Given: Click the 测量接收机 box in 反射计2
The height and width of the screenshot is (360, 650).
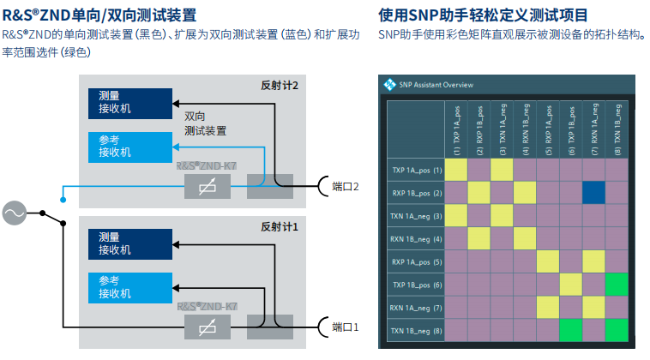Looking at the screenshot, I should [x=124, y=102].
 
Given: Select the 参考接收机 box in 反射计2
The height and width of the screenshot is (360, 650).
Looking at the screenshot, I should [x=124, y=147].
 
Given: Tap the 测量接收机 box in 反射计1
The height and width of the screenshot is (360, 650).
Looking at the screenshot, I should [x=124, y=243].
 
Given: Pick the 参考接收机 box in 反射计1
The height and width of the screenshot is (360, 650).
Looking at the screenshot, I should [x=124, y=287].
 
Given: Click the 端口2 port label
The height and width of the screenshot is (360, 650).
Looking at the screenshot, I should [x=345, y=186].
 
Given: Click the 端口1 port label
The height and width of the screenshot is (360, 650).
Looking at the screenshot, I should [x=345, y=327].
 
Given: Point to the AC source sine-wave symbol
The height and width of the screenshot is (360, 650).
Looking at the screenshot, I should [x=15, y=213].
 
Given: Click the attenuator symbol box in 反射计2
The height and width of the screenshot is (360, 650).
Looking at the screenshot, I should [x=207, y=186].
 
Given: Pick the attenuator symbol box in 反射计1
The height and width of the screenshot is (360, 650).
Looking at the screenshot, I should [x=207, y=327].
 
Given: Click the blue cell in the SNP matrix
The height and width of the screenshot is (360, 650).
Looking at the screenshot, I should [x=594, y=193].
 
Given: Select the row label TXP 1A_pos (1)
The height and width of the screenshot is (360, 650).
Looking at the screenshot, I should [x=417, y=170].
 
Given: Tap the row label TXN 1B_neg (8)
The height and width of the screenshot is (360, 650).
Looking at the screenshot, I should [x=417, y=330].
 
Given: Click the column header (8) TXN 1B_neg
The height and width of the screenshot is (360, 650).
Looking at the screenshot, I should [x=617, y=129].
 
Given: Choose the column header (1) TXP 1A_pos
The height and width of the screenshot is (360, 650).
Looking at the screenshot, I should [x=456, y=129].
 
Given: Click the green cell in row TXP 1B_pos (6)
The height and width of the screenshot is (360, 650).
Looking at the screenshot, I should [x=617, y=285].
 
